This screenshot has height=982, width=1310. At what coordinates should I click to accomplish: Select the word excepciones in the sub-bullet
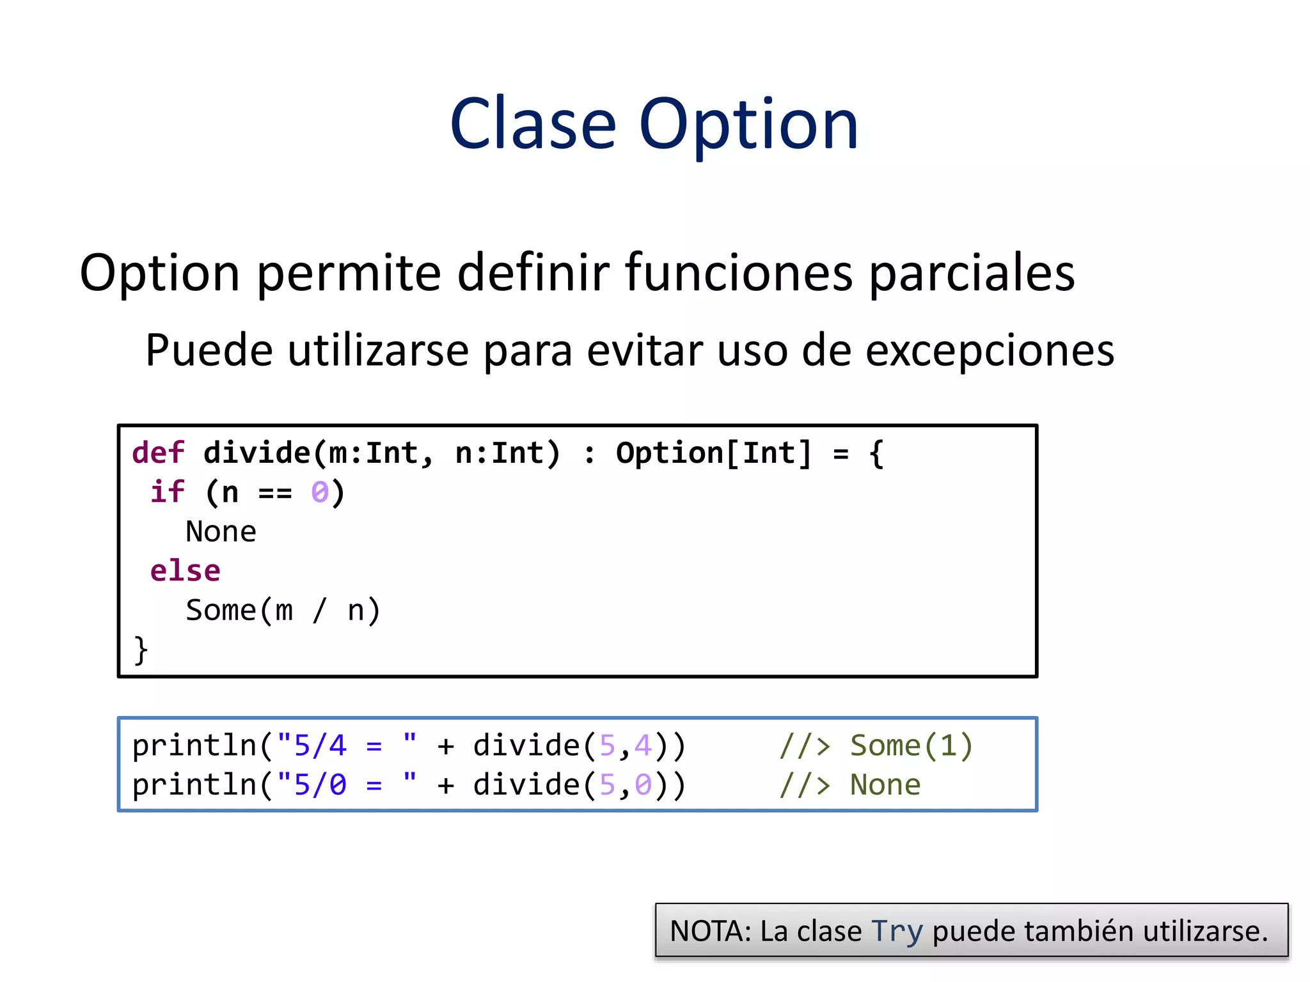click(990, 351)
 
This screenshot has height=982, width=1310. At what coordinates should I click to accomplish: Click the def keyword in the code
click(158, 453)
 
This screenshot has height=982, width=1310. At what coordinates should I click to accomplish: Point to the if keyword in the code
click(167, 492)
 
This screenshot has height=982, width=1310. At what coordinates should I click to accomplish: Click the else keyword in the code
click(185, 571)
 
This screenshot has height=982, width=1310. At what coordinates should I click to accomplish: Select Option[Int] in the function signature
click(713, 453)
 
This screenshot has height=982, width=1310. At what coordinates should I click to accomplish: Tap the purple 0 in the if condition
click(320, 493)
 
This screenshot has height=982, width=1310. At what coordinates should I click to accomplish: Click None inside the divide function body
click(221, 532)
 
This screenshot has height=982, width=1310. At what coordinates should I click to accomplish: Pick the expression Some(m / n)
click(283, 611)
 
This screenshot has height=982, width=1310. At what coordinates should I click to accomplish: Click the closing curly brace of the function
click(141, 650)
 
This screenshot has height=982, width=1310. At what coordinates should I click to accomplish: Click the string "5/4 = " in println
click(346, 745)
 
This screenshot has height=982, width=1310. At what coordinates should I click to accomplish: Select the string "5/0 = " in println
click(346, 784)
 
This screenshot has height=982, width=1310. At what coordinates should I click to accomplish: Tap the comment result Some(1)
click(911, 745)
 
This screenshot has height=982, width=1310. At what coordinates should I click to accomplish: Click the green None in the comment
click(885, 784)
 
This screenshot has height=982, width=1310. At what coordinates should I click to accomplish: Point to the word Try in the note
click(897, 931)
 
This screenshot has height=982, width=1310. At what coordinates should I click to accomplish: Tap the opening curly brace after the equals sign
click(876, 453)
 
